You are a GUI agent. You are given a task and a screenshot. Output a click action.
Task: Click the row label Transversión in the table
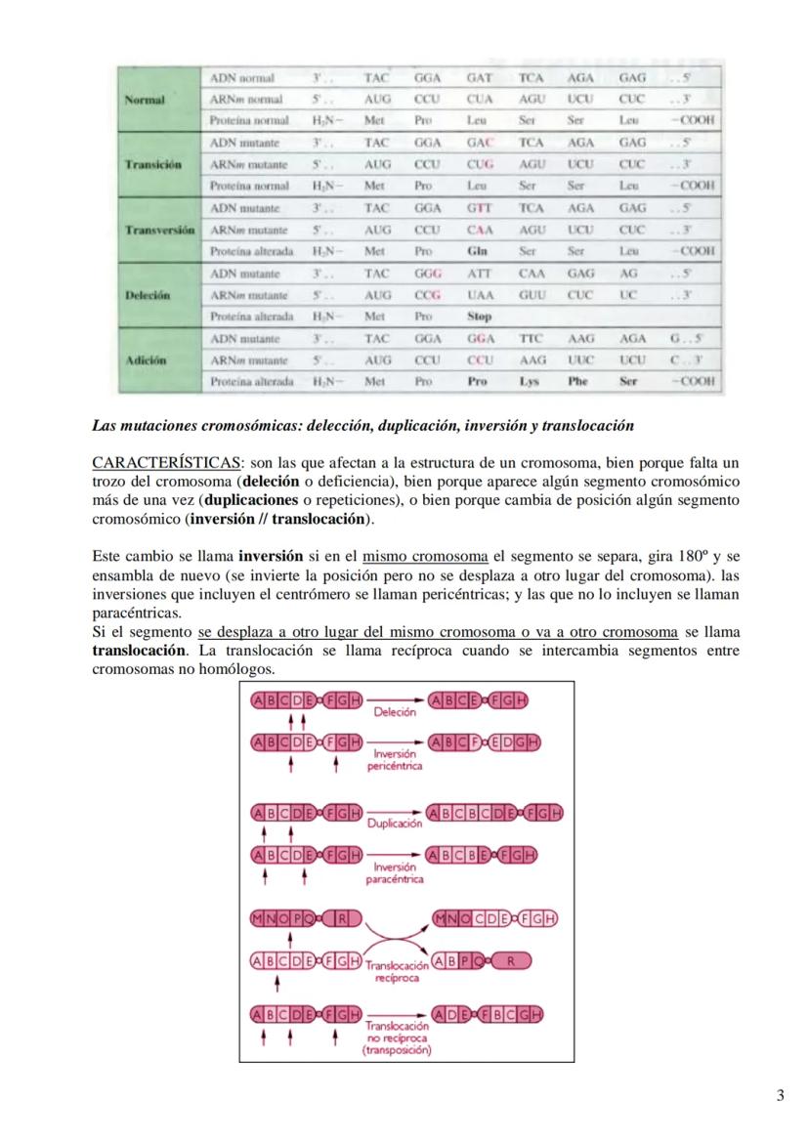(x=161, y=230)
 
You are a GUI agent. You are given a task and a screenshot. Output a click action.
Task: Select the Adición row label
(x=147, y=360)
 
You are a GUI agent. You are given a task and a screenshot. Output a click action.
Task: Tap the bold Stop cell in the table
(x=479, y=317)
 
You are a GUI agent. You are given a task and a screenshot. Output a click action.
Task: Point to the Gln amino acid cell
(x=478, y=251)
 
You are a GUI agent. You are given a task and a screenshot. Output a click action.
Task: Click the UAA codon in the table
(x=479, y=294)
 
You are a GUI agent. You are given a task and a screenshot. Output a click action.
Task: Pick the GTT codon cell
(x=479, y=208)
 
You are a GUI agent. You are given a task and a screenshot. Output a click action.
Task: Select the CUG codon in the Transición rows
(x=479, y=164)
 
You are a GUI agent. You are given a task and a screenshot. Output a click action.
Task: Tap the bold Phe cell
(x=577, y=381)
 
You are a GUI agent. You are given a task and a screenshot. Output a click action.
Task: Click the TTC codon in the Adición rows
(x=531, y=338)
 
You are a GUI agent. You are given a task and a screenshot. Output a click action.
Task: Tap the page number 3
(x=780, y=1095)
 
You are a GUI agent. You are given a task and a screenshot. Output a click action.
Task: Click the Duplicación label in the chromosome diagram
(x=395, y=824)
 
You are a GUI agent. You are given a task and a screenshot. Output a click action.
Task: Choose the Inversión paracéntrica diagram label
(x=395, y=872)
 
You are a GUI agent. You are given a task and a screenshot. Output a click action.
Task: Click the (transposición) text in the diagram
(x=397, y=1050)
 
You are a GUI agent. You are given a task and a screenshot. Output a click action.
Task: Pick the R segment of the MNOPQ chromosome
(x=342, y=918)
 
